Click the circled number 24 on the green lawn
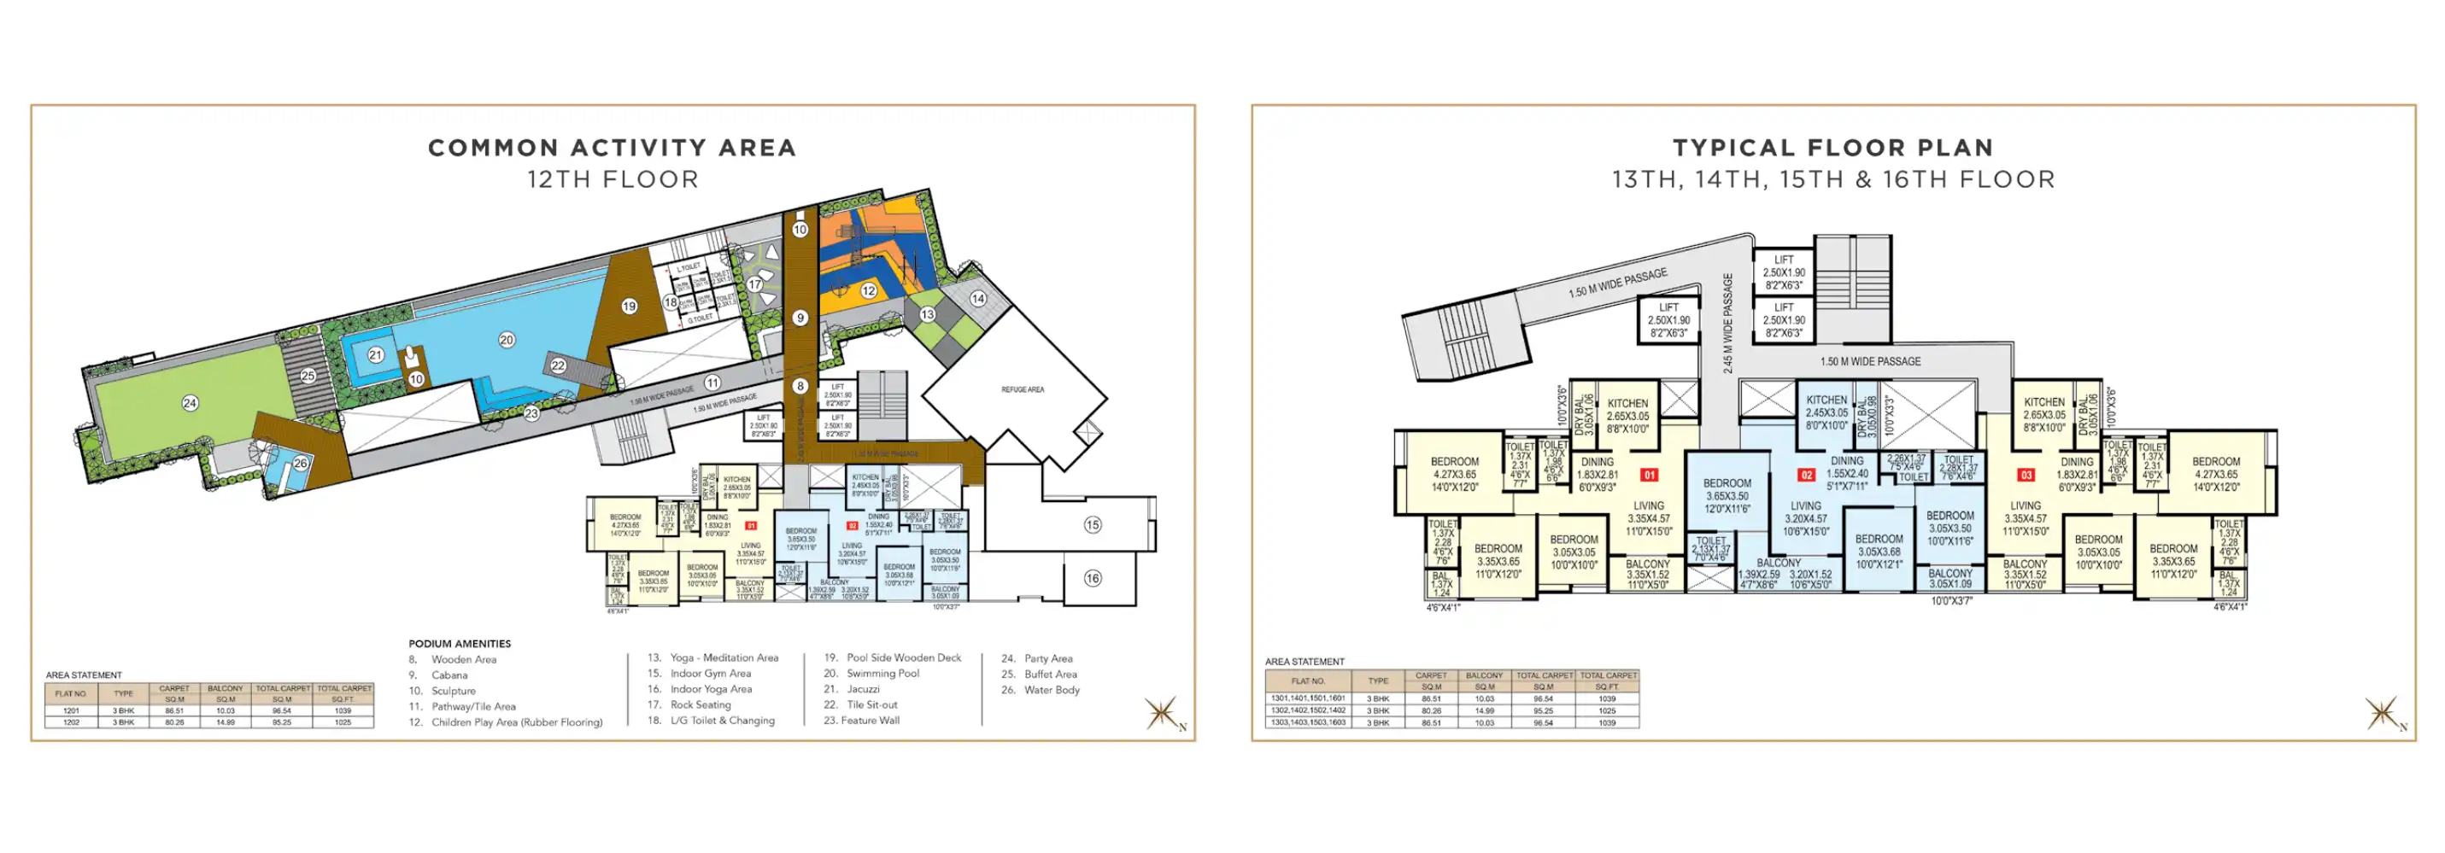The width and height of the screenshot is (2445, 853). [190, 403]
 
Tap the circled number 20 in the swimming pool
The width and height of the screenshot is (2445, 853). [507, 340]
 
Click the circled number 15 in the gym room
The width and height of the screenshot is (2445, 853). [1093, 525]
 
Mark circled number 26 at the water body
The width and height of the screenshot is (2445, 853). [300, 463]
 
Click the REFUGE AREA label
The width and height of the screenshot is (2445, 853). [1023, 389]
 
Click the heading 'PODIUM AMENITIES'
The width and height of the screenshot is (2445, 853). [460, 643]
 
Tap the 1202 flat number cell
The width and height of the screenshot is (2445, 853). [71, 722]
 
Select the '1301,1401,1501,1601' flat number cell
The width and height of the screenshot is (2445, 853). [1308, 698]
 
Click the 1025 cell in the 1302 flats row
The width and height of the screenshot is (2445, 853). [1606, 710]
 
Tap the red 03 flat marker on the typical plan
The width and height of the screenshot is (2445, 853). [2026, 476]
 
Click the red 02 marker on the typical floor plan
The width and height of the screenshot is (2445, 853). [1806, 476]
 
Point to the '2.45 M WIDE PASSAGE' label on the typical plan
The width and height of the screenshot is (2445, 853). [1727, 323]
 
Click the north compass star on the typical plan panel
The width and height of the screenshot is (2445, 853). [2382, 713]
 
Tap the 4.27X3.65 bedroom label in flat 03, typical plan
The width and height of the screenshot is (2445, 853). [2215, 475]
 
